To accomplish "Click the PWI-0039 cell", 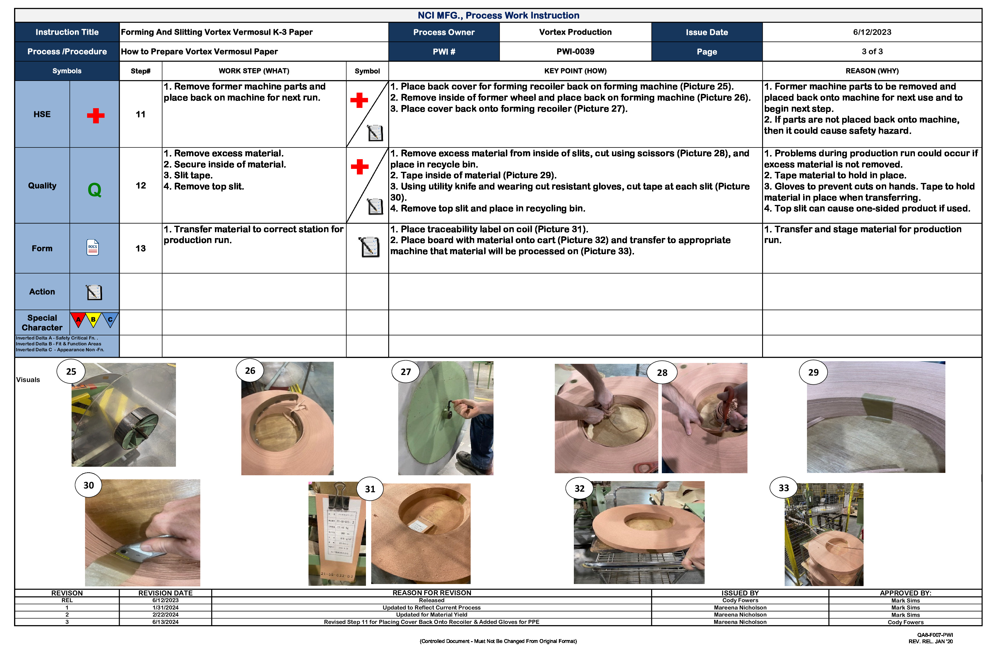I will point(575,52).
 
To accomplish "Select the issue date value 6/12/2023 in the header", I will point(872,32).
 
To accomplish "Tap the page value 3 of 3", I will point(872,52).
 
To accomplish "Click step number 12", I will point(140,186).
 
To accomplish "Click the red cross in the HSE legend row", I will point(96,116).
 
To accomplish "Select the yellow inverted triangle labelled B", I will point(93,320).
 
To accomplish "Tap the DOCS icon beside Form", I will point(93,247).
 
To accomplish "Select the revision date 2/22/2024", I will point(165,615).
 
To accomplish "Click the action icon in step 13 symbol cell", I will point(369,247).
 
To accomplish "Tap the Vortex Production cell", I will point(575,32).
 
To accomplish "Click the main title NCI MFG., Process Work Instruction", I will point(498,16).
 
